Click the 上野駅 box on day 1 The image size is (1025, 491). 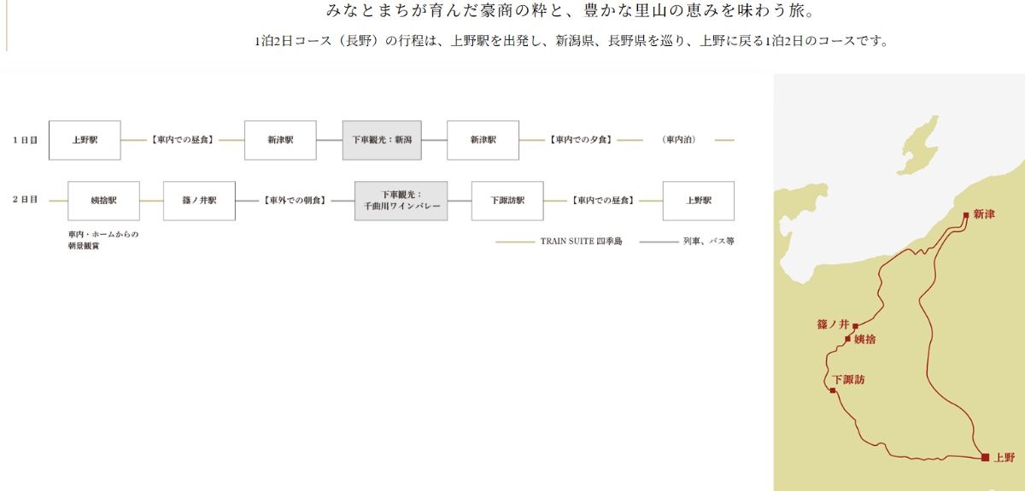point(85,140)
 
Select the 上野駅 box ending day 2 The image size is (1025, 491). point(699,201)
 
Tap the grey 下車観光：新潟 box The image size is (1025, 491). point(382,140)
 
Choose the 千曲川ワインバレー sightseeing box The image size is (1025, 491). point(401,201)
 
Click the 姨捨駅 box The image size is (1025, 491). point(104,201)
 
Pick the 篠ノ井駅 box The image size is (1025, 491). point(199,201)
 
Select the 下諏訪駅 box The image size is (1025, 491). point(507,201)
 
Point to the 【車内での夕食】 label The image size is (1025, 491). point(581,140)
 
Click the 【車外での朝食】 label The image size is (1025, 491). point(295,201)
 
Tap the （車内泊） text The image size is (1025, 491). point(678,140)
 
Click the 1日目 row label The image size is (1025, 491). point(25,140)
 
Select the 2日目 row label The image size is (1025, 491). point(25,200)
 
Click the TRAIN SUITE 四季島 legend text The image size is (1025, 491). point(581,241)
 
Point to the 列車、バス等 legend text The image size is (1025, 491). point(708,241)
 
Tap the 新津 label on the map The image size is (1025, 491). point(984,214)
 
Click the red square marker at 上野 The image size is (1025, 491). point(985,457)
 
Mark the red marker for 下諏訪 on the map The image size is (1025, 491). point(833,390)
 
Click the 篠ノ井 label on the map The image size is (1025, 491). point(833,324)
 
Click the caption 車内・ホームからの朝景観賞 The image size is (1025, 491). point(103,240)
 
